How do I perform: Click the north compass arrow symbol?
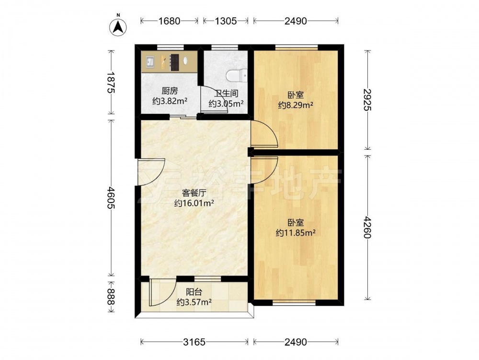click(x=118, y=27)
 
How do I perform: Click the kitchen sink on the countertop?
click(x=150, y=62)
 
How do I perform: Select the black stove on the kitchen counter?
click(x=174, y=62)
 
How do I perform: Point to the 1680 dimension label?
click(x=170, y=21)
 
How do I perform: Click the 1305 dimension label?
click(x=226, y=21)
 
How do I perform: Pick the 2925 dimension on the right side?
click(x=368, y=100)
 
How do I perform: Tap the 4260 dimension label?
click(x=368, y=228)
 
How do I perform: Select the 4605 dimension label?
click(x=111, y=198)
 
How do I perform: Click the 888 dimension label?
click(x=111, y=297)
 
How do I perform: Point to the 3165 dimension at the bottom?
click(x=194, y=342)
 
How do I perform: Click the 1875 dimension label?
click(x=111, y=83)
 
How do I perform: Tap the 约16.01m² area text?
click(x=194, y=203)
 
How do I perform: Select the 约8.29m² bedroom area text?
click(x=296, y=105)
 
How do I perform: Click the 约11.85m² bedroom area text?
click(x=296, y=233)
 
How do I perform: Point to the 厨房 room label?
click(x=170, y=91)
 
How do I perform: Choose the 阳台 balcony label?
click(x=194, y=292)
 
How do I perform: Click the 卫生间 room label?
click(x=226, y=93)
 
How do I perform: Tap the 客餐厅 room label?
click(x=194, y=193)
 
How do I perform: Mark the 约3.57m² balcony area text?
click(x=194, y=302)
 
